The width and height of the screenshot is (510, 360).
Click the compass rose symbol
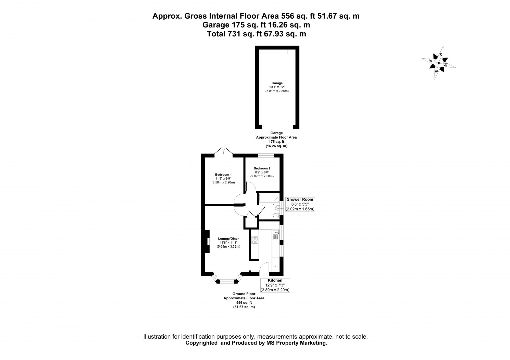point(439,63)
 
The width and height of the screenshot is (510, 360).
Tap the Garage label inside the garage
point(277,83)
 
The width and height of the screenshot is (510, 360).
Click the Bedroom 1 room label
point(223,175)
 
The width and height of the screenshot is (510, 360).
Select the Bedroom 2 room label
point(262,168)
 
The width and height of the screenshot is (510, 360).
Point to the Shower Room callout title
point(300,199)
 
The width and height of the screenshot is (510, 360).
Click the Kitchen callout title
point(275,281)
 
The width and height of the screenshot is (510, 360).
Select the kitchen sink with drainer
point(276,235)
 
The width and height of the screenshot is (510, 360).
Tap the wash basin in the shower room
point(277,209)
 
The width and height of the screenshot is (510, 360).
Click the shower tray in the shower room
point(269,198)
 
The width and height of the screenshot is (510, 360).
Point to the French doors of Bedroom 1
point(223,152)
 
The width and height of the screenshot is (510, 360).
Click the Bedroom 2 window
point(266,155)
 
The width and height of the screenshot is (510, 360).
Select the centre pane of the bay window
point(227,282)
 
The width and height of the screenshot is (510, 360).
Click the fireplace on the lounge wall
point(207,241)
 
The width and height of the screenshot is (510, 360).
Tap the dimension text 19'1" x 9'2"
point(277,87)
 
